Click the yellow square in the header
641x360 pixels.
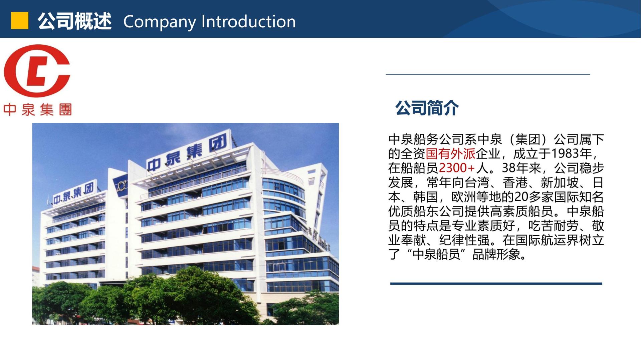[x=20, y=21]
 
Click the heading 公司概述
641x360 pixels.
[x=74, y=21]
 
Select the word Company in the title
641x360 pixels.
[x=160, y=22]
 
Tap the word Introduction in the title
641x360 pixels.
[x=249, y=21]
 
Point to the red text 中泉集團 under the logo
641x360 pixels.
[x=37, y=109]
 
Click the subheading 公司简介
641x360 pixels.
[x=427, y=108]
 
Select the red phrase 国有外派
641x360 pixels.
[x=450, y=153]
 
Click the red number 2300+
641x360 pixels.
[x=456, y=168]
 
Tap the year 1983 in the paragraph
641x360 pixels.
[x=565, y=153]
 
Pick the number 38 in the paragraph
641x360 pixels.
[x=509, y=168]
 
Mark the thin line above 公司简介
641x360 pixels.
[x=488, y=74]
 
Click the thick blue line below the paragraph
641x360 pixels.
[x=496, y=284]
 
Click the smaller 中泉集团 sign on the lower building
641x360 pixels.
[x=73, y=194]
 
